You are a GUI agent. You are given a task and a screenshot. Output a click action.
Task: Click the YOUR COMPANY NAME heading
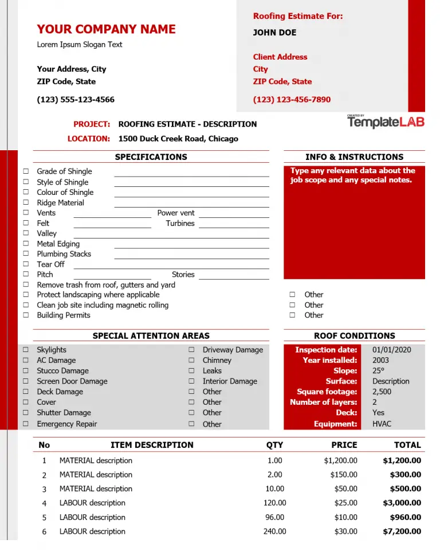pyautogui.click(x=106, y=29)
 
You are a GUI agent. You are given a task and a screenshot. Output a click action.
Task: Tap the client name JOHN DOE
pyautogui.click(x=274, y=33)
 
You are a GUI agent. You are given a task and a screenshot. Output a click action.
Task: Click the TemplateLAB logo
pyautogui.click(x=386, y=122)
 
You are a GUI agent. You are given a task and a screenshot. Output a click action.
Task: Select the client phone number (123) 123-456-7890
pyautogui.click(x=292, y=100)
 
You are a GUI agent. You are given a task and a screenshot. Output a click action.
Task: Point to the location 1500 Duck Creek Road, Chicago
pyautogui.click(x=178, y=138)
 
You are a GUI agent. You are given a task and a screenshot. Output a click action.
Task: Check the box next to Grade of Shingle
pyautogui.click(x=26, y=171)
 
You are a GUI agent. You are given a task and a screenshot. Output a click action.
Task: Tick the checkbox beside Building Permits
pyautogui.click(x=26, y=315)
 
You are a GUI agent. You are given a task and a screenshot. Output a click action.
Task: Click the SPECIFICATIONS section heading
pyautogui.click(x=151, y=157)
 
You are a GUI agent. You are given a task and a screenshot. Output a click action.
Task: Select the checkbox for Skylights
pyautogui.click(x=26, y=350)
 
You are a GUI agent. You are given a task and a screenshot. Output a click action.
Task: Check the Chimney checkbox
pyautogui.click(x=191, y=361)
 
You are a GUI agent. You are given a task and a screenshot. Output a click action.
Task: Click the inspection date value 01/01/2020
pyautogui.click(x=391, y=350)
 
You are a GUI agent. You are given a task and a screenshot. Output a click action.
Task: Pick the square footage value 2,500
pyautogui.click(x=382, y=392)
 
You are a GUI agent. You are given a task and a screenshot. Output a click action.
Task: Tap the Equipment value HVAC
pyautogui.click(x=382, y=424)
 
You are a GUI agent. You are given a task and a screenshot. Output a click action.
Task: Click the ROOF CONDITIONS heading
pyautogui.click(x=354, y=336)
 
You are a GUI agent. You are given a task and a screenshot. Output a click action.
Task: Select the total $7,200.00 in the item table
pyautogui.click(x=402, y=531)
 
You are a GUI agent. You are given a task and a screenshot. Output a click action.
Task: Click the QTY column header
pyautogui.click(x=274, y=445)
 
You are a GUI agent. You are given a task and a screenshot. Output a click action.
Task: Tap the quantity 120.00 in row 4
pyautogui.click(x=274, y=503)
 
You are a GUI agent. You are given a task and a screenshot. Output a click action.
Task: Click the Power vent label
pyautogui.click(x=176, y=213)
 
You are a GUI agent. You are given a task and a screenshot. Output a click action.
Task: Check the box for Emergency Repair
pyautogui.click(x=26, y=424)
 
